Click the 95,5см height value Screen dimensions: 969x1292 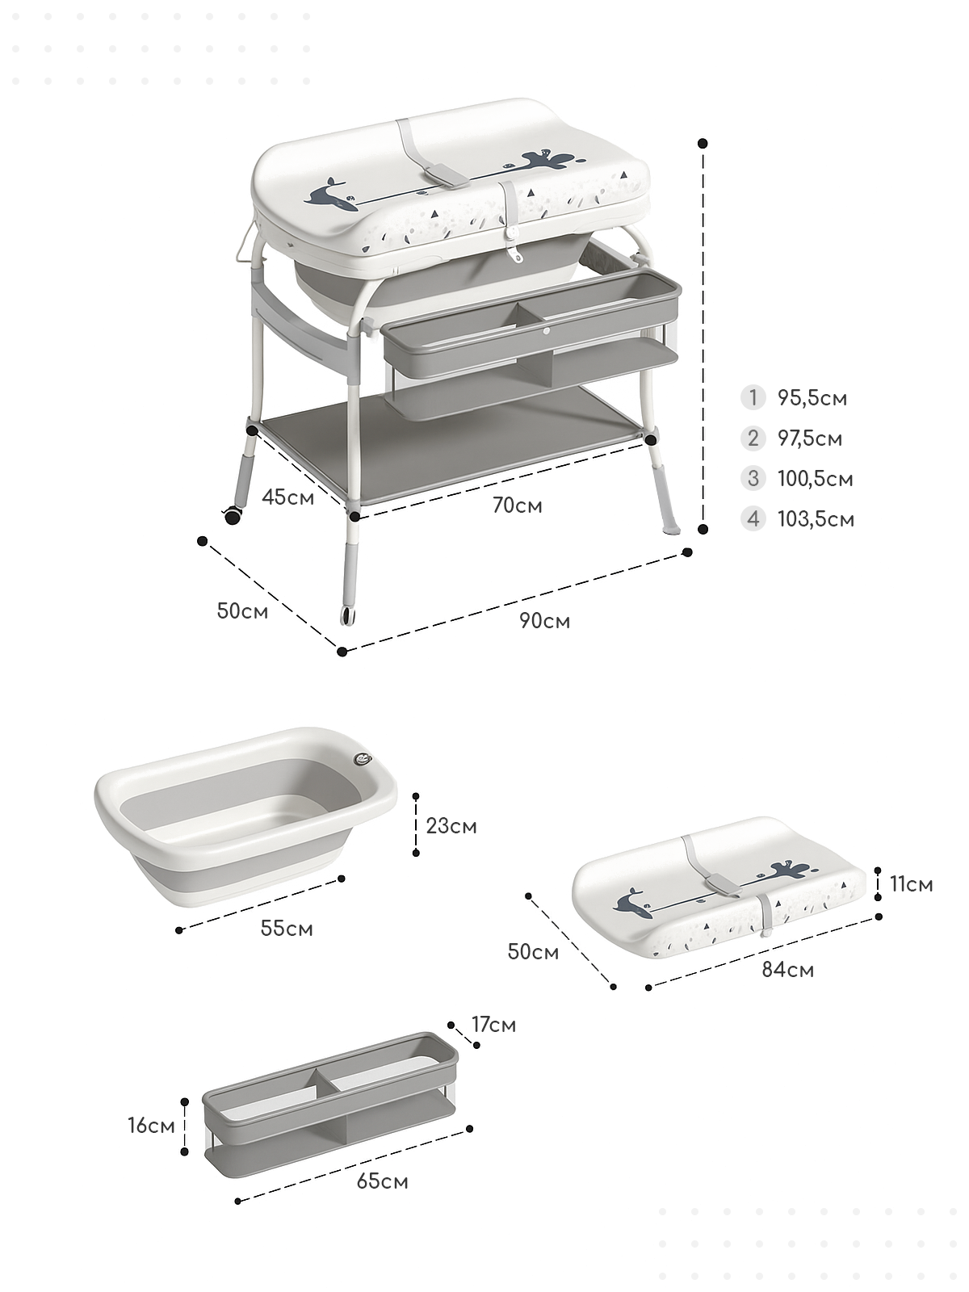812,398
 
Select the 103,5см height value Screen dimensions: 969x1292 816,520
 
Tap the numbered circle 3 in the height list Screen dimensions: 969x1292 753,479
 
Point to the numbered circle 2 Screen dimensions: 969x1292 753,438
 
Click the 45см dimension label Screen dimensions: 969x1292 287,497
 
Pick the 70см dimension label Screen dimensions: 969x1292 517,505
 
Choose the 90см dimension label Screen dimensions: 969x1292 544,621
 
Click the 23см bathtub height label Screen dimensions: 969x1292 451,826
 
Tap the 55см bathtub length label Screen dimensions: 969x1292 287,929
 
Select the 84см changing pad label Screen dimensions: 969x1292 788,970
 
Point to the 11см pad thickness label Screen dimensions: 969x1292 912,884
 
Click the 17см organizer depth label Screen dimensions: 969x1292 493,1025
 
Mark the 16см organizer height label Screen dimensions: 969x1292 152,1126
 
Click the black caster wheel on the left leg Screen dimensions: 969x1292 233,516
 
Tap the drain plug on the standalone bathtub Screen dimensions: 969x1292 363,761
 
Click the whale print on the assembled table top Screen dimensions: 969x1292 330,196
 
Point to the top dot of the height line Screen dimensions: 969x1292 703,143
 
